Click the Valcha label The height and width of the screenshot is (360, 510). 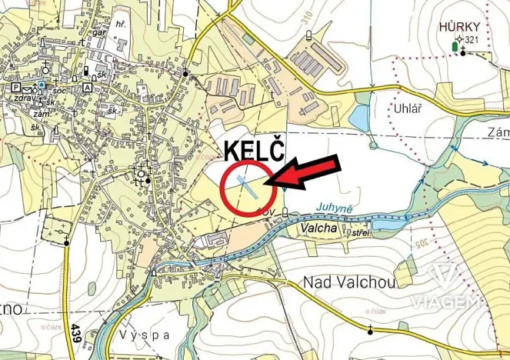pos(320,228)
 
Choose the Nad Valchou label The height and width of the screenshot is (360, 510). pos(349,282)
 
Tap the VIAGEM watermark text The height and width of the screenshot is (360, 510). pos(446,301)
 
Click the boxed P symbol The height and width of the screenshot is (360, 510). pos(15,88)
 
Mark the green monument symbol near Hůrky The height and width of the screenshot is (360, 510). pos(453,48)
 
